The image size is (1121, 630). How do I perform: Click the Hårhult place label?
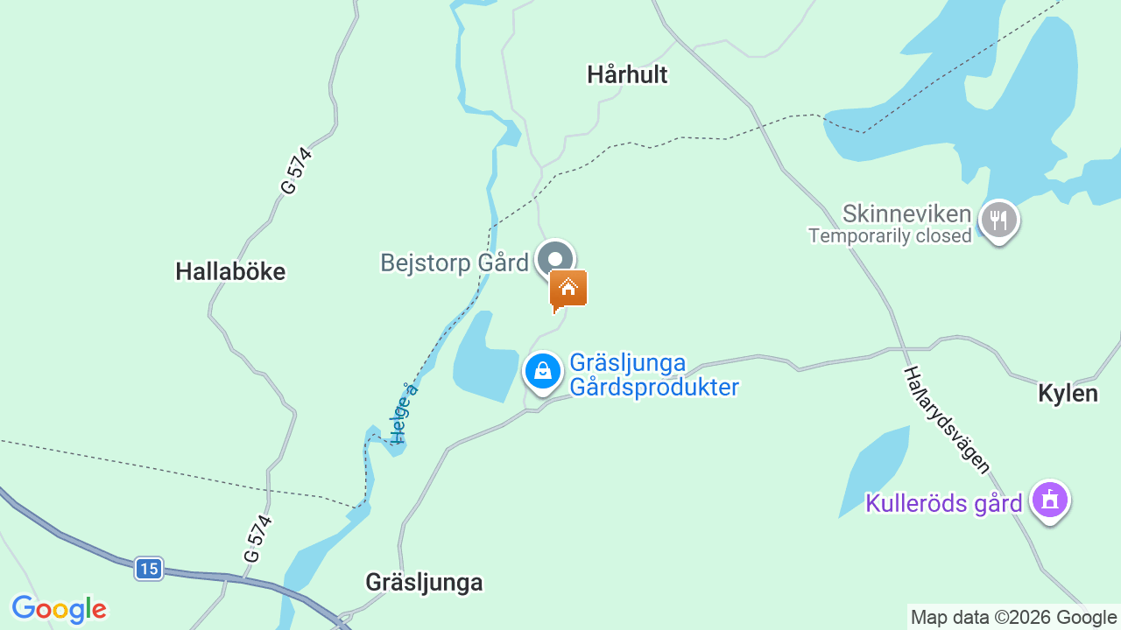[627, 75]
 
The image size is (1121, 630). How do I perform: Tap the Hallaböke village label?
[230, 272]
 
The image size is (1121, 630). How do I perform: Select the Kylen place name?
[1068, 394]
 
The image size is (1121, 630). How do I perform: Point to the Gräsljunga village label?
[424, 583]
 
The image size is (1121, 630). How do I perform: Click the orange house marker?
[568, 289]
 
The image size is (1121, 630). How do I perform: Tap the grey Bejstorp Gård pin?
[554, 259]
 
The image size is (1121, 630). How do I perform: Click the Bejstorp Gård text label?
[455, 262]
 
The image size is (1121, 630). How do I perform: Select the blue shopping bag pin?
[543, 371]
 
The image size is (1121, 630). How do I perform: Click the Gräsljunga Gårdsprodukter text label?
[654, 375]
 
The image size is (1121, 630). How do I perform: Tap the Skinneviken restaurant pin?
[998, 219]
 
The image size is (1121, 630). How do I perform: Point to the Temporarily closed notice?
[890, 236]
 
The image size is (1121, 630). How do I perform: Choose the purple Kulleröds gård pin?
[1049, 500]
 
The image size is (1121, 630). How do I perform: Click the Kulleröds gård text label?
[944, 504]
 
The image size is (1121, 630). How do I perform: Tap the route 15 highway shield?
[149, 570]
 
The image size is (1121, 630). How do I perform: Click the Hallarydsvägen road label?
[947, 420]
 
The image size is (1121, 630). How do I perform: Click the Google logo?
[59, 609]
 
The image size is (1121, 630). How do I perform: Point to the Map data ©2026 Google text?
[1013, 618]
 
